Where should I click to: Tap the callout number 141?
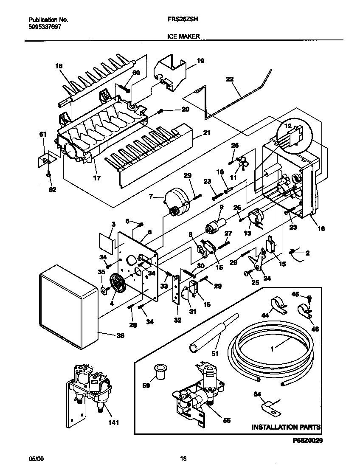pyautogui.click(x=113, y=422)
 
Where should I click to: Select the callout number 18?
pyautogui.click(x=59, y=66)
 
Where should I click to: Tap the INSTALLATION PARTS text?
pyautogui.click(x=286, y=427)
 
